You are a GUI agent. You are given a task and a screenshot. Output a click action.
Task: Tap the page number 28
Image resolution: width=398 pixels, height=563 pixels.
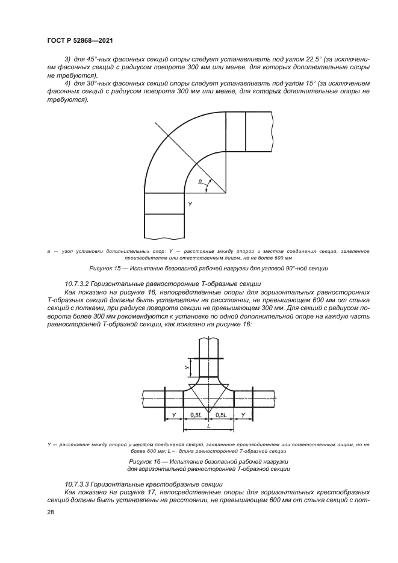[51, 512]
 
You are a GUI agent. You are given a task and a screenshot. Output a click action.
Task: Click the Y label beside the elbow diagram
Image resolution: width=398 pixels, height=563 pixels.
[190, 205]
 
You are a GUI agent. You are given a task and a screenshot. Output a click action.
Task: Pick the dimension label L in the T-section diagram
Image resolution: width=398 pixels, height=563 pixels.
[208, 425]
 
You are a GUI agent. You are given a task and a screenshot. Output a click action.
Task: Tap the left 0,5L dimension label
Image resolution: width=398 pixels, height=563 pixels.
[196, 415]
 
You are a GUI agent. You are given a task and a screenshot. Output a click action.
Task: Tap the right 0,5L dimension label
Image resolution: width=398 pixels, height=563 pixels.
[222, 415]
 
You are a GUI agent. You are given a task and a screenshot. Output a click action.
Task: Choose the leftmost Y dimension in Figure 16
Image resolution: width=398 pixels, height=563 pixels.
[174, 415]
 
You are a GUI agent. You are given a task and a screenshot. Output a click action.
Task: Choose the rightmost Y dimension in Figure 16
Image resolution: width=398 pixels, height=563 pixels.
[243, 415]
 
